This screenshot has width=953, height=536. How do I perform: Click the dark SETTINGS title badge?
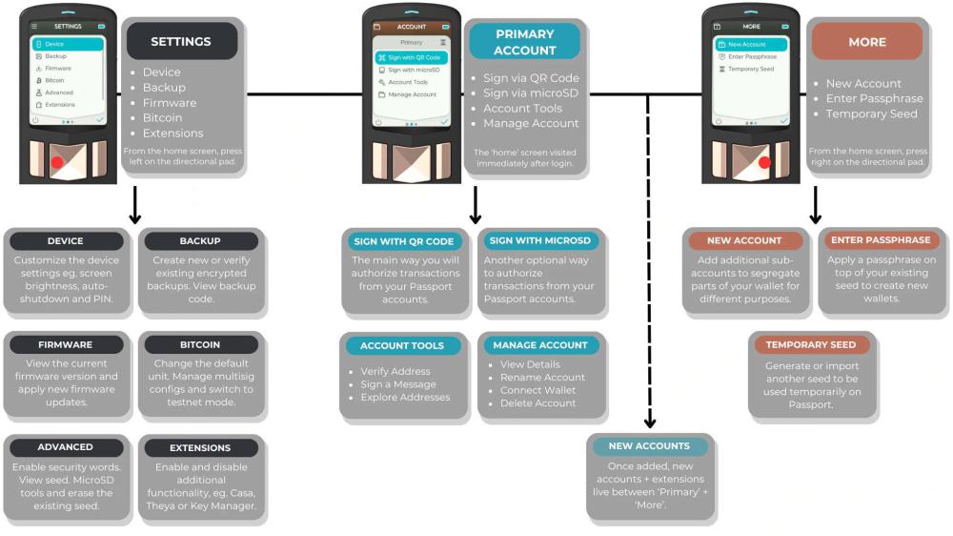coord(180,42)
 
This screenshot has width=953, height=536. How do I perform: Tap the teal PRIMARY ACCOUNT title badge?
coord(524,42)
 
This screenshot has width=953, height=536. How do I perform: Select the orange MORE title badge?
coord(866,42)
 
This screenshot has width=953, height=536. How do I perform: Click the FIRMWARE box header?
coord(66,344)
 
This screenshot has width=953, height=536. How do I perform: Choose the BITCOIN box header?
coord(199,344)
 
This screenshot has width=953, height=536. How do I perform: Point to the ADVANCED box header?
coord(66,447)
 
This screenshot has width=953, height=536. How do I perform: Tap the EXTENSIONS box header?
coord(199,447)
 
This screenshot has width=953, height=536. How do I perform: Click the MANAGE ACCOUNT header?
coord(539,345)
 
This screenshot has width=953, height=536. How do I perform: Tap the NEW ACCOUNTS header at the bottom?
coord(649,446)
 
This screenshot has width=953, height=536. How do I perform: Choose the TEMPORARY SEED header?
coord(811,344)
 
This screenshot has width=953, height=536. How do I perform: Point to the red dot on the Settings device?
coord(57,162)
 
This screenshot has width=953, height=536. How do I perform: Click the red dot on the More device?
coord(763,162)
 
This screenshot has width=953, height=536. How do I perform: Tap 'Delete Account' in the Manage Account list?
coord(537,403)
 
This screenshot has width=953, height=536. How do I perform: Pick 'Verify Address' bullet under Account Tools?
coord(395,371)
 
